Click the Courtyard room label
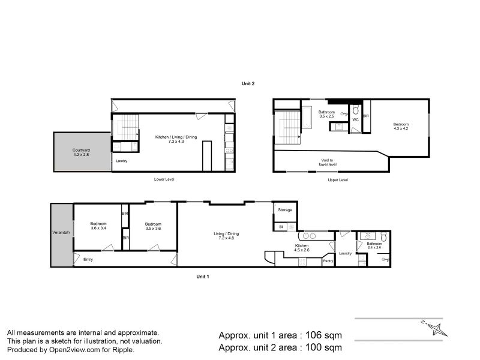tap(81, 150)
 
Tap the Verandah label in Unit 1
tap(61, 232)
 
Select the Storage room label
tap(285, 210)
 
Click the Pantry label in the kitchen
tap(328, 261)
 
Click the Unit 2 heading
tap(248, 83)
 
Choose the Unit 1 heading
tap(203, 277)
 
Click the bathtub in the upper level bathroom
tap(307, 118)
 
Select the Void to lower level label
tap(328, 162)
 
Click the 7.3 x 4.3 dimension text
tap(176, 142)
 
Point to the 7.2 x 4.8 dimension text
tap(226, 238)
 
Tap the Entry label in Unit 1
tap(88, 260)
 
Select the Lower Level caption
tap(164, 179)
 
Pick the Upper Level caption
tap(338, 180)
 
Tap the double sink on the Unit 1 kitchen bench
tap(309, 236)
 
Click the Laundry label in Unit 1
tap(346, 253)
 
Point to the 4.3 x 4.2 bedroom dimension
tap(401, 128)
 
